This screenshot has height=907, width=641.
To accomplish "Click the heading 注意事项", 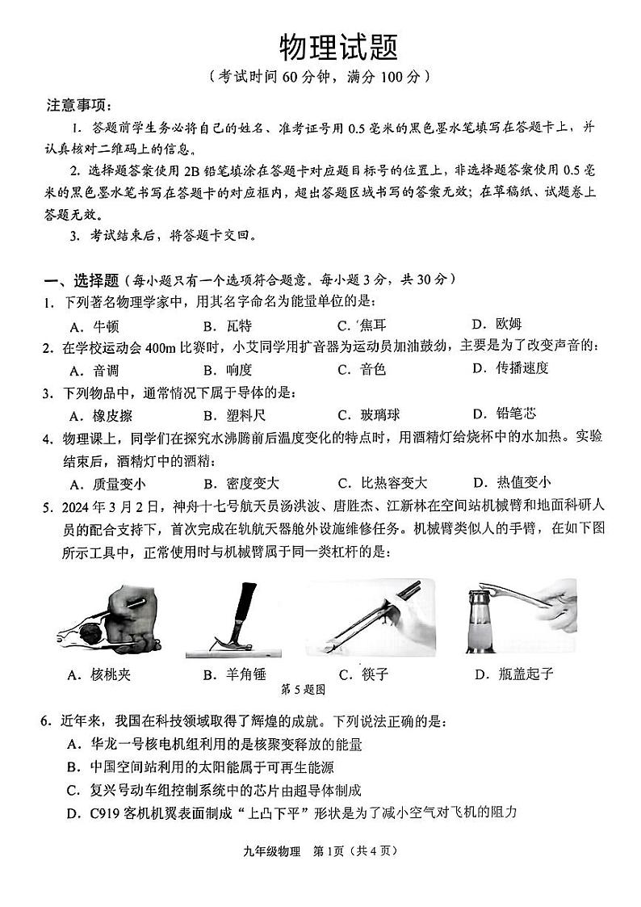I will coord(80,106).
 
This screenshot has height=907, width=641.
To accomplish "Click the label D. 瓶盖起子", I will coord(516,674).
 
